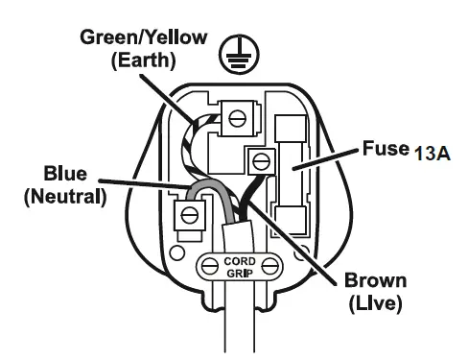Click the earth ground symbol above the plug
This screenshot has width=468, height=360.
(230, 57)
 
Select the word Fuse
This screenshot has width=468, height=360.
(383, 151)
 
